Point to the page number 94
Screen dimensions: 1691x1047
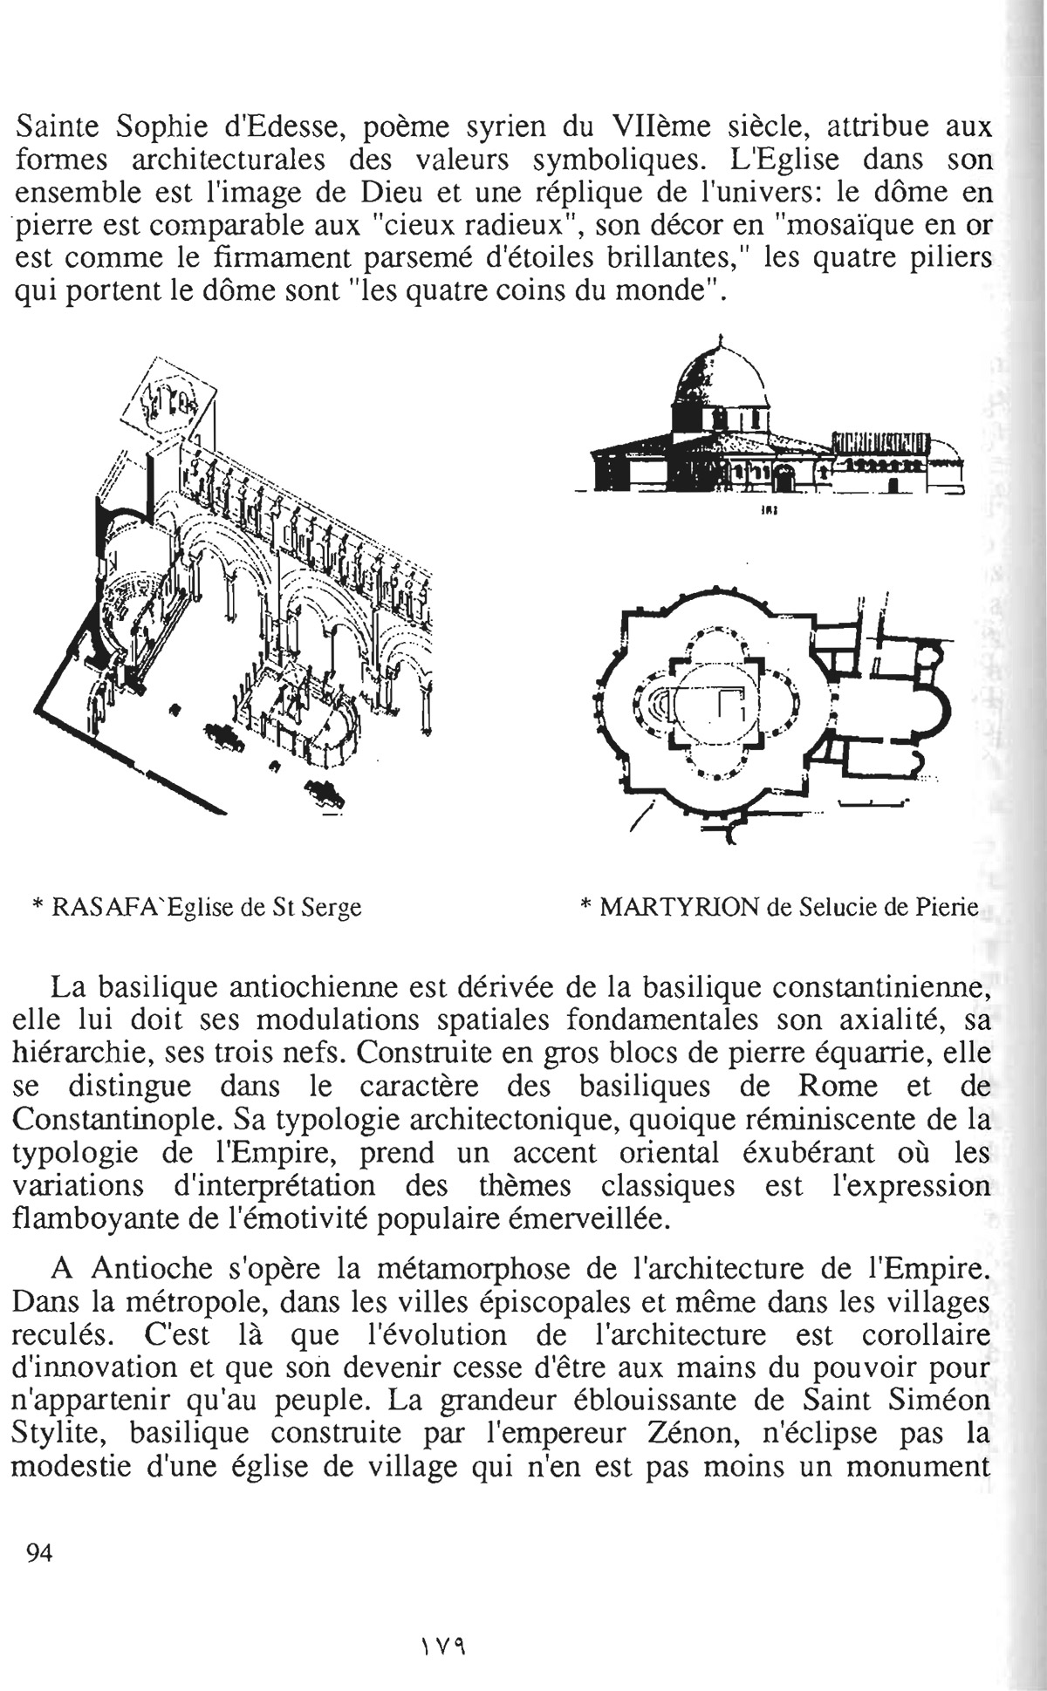point(41,1551)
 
